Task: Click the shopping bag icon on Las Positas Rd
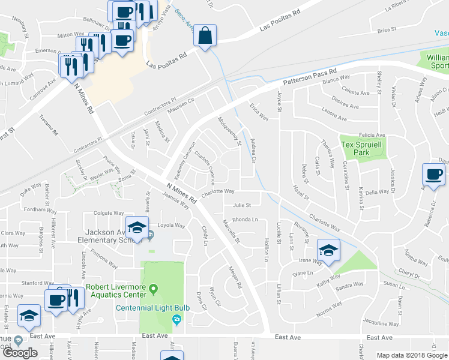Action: pyautogui.click(x=205, y=35)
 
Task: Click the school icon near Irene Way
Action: pyautogui.click(x=328, y=250)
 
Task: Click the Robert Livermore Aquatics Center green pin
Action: pyautogui.click(x=154, y=290)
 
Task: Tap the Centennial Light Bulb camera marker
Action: pyautogui.click(x=176, y=319)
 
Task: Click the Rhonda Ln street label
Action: pyautogui.click(x=244, y=220)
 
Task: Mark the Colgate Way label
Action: pyautogui.click(x=108, y=212)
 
